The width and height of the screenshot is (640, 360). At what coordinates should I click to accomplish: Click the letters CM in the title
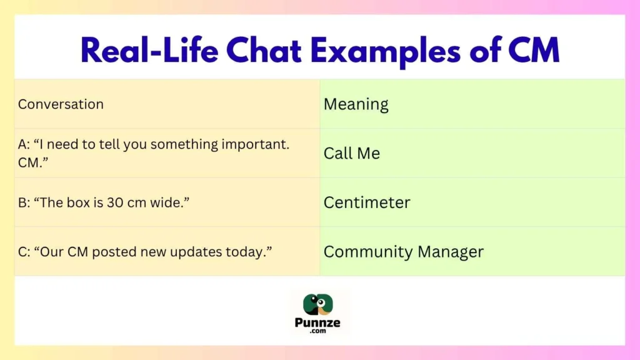[x=533, y=51]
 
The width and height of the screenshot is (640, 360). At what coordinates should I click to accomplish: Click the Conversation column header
[x=61, y=104]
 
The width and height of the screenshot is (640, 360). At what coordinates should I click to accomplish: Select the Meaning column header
[x=356, y=104]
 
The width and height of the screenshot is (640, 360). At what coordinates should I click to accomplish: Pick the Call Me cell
[x=351, y=153]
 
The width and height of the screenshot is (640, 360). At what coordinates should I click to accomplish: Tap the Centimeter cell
[x=366, y=202]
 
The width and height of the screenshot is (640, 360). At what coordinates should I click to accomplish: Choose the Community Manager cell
[x=403, y=252]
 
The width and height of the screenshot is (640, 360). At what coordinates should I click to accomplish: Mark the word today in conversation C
[x=249, y=252]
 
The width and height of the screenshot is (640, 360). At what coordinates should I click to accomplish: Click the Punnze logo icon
[x=319, y=305]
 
